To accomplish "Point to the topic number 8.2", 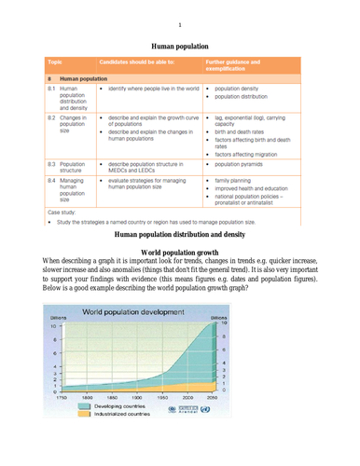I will [x=51, y=119].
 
